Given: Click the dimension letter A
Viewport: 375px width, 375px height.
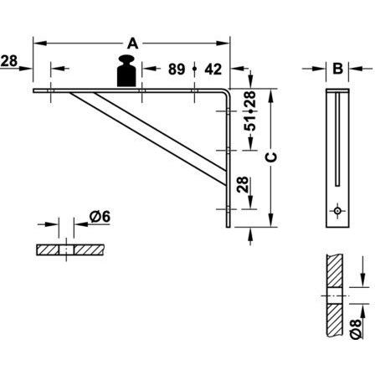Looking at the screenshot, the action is pos(133,44).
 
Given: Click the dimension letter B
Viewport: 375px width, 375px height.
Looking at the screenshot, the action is pos(337,69).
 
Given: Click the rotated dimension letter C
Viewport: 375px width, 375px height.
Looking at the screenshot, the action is pos(271,157).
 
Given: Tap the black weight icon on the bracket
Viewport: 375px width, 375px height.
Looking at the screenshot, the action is pos(126,71).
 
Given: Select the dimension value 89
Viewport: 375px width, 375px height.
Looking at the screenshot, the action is pos(177,69).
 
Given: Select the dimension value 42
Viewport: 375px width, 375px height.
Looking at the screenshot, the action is pos(213,69).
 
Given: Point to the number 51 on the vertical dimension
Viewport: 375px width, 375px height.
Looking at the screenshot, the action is pos(250,122).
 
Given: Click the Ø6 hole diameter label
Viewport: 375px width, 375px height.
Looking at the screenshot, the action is pos(100,217).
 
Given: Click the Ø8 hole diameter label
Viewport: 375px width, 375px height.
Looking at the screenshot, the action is pos(356,329).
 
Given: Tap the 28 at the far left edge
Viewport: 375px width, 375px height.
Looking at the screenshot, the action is pos(9,61).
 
